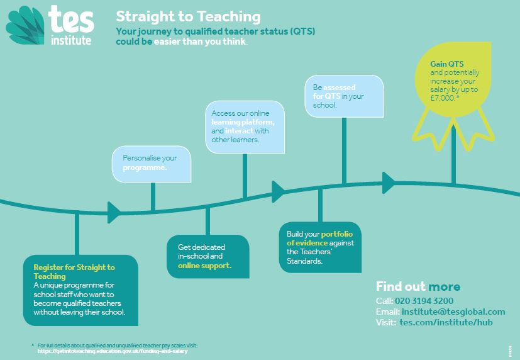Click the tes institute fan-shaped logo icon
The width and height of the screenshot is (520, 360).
point(25,26)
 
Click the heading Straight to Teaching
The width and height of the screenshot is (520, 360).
point(188,16)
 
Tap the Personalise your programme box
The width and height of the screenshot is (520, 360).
point(152,164)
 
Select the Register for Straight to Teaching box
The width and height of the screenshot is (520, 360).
point(80,290)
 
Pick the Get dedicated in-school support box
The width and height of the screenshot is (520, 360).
point(208,257)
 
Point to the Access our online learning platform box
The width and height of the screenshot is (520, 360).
point(245,127)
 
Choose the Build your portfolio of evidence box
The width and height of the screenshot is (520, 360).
point(320,247)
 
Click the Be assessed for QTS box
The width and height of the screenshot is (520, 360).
point(344,96)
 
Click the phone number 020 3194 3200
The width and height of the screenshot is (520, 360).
point(424,301)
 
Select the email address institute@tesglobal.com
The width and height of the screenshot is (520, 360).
point(453,312)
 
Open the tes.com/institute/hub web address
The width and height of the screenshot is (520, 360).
point(446,322)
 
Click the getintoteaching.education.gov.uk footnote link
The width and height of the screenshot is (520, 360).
point(113,351)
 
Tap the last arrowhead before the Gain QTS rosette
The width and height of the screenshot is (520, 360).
point(389,183)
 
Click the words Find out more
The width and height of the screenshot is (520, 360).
point(418,286)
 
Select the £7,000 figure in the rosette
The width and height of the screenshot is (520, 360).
point(443,98)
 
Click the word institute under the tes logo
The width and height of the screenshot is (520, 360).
point(71,40)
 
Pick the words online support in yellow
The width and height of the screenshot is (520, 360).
point(204,266)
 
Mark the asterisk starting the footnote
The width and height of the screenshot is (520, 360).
point(33,346)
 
